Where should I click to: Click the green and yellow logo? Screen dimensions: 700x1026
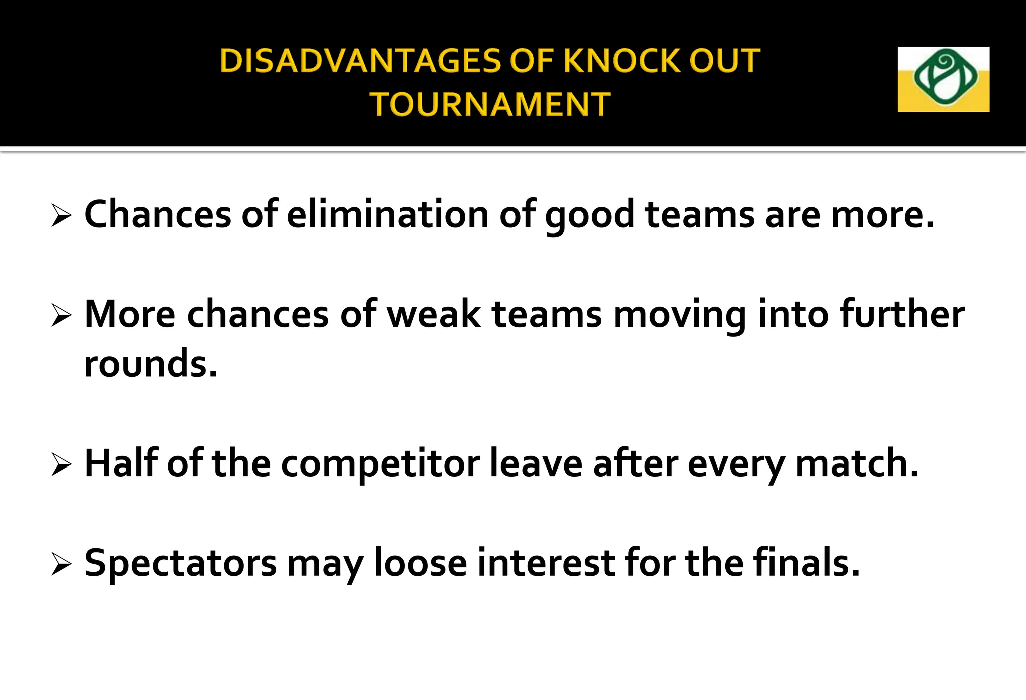[943, 79]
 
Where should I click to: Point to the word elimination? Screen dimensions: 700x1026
[388, 214]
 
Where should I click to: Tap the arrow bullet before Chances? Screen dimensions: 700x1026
[61, 216]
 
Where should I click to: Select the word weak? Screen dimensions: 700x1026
[434, 314]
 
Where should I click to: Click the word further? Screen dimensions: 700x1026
[902, 314]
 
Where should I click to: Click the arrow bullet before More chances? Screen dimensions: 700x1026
[61, 316]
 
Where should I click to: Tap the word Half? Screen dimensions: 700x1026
[121, 463]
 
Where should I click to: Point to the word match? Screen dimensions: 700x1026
[857, 463]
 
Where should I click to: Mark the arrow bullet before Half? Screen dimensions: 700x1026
[61, 465]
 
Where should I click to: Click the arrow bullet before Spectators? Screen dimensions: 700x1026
[61, 565]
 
